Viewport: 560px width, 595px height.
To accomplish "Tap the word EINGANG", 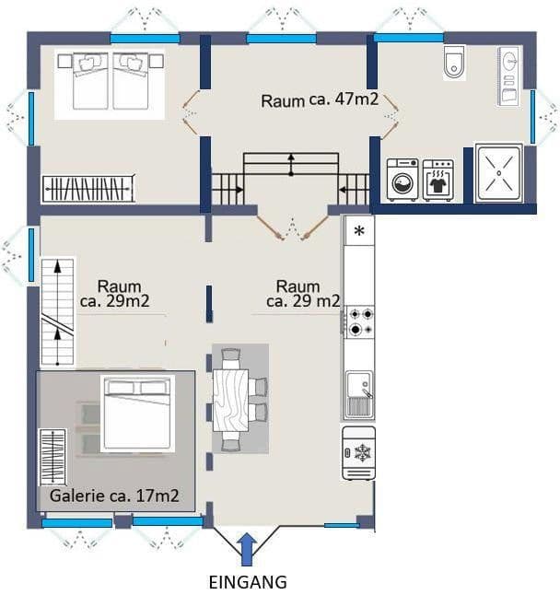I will click(248, 582).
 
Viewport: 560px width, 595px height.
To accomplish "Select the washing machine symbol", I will click(402, 180).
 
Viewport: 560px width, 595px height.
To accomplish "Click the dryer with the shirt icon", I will click(437, 180).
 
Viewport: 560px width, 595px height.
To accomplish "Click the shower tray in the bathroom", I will click(498, 172).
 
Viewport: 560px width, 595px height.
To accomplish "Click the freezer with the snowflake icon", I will click(358, 453).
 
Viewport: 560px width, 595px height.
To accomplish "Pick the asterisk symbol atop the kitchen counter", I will click(358, 230).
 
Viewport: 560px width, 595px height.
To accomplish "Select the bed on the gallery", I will click(137, 414).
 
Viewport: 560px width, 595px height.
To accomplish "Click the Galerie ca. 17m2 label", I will click(114, 497).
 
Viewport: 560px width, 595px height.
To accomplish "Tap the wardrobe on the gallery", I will click(52, 457).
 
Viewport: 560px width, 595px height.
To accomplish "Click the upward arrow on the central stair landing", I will click(291, 163).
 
